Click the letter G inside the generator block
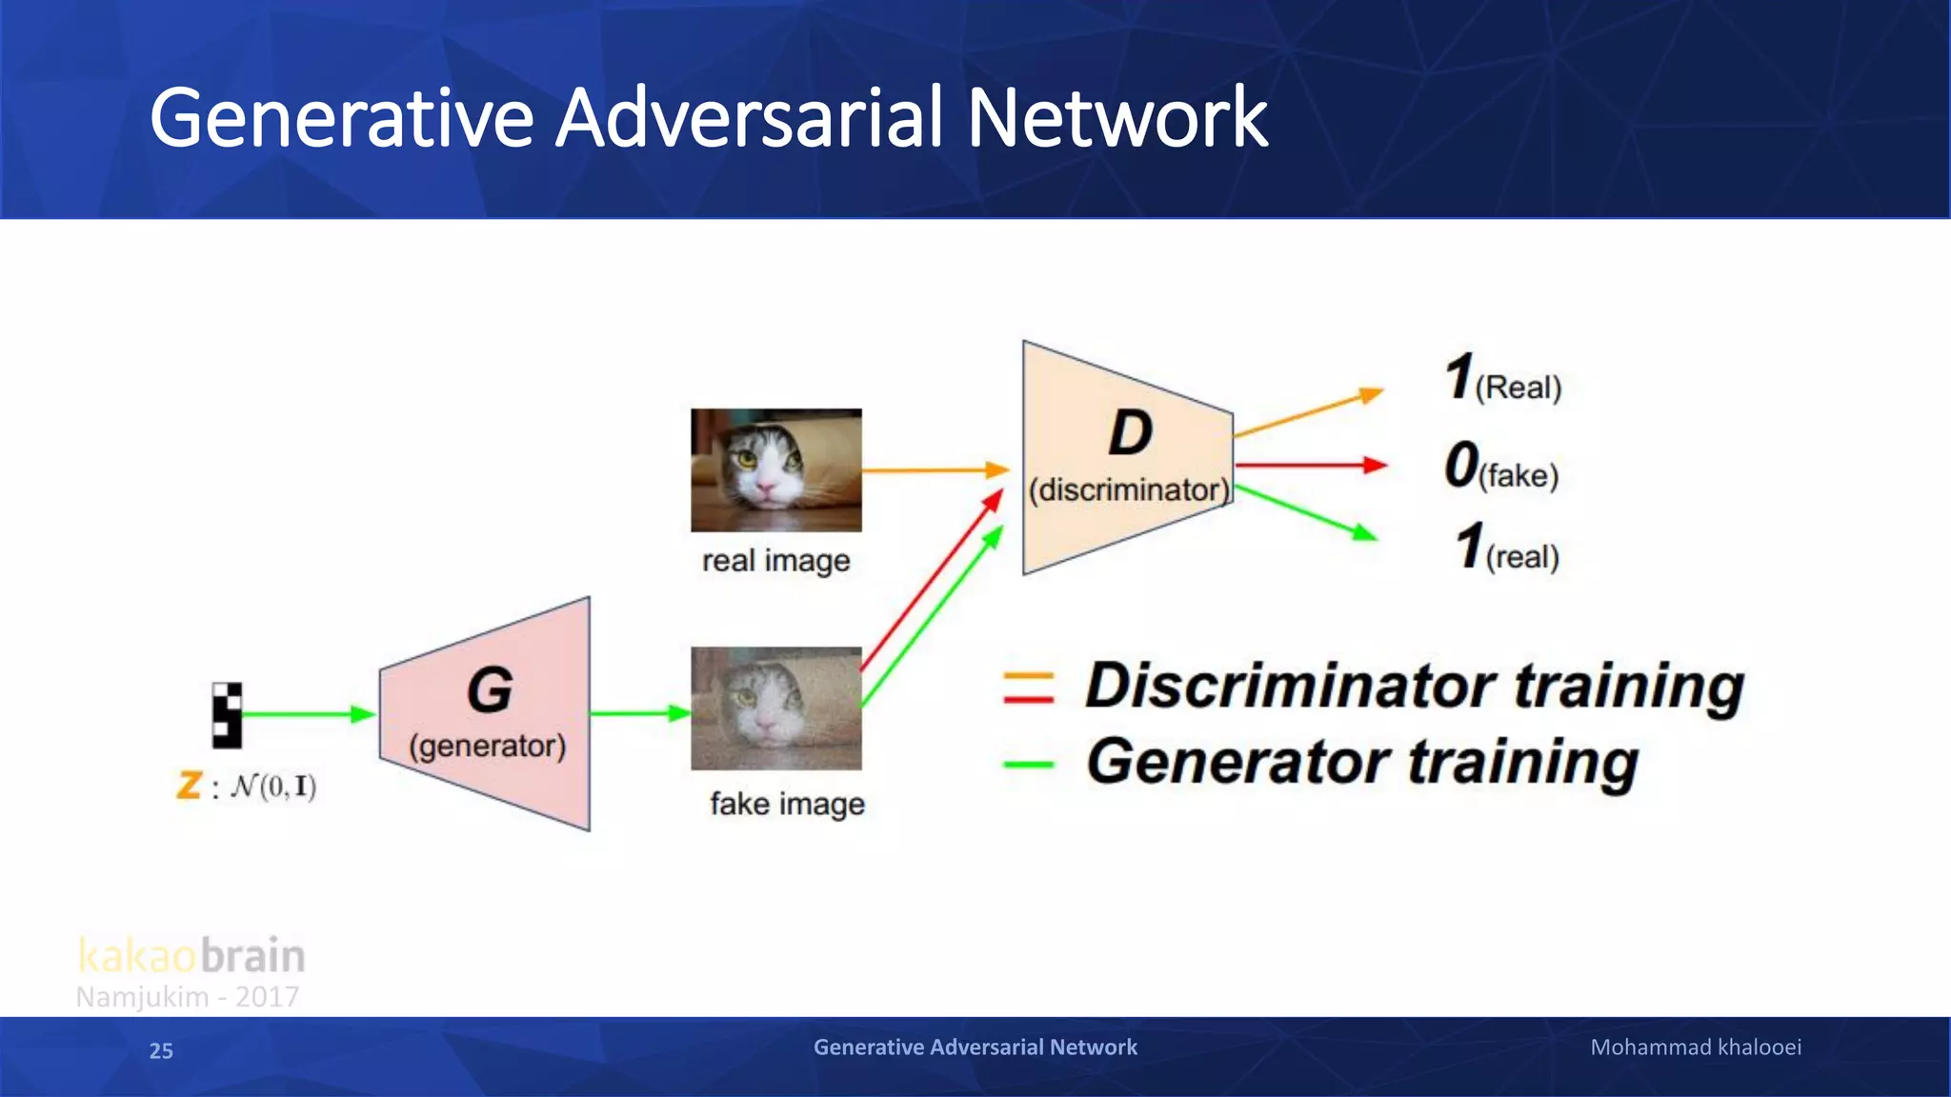click(x=490, y=689)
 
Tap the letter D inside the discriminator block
click(x=1130, y=433)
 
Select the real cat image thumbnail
click(x=775, y=470)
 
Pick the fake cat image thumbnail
click(x=775, y=708)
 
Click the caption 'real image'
click(x=775, y=561)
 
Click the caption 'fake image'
click(x=787, y=805)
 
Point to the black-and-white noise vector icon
click(x=227, y=714)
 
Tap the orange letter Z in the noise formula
click(x=189, y=786)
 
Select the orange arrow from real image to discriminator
click(x=934, y=469)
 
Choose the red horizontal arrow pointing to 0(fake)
click(x=1309, y=465)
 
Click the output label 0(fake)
click(x=1501, y=467)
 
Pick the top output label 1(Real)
click(x=1502, y=379)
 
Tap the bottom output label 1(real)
click(x=1506, y=548)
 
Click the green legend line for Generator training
click(x=1028, y=765)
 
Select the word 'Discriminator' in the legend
click(x=1291, y=686)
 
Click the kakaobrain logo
click(x=191, y=955)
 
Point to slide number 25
click(x=161, y=1050)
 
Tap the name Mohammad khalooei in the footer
click(x=1696, y=1047)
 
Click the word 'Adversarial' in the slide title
click(x=749, y=118)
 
